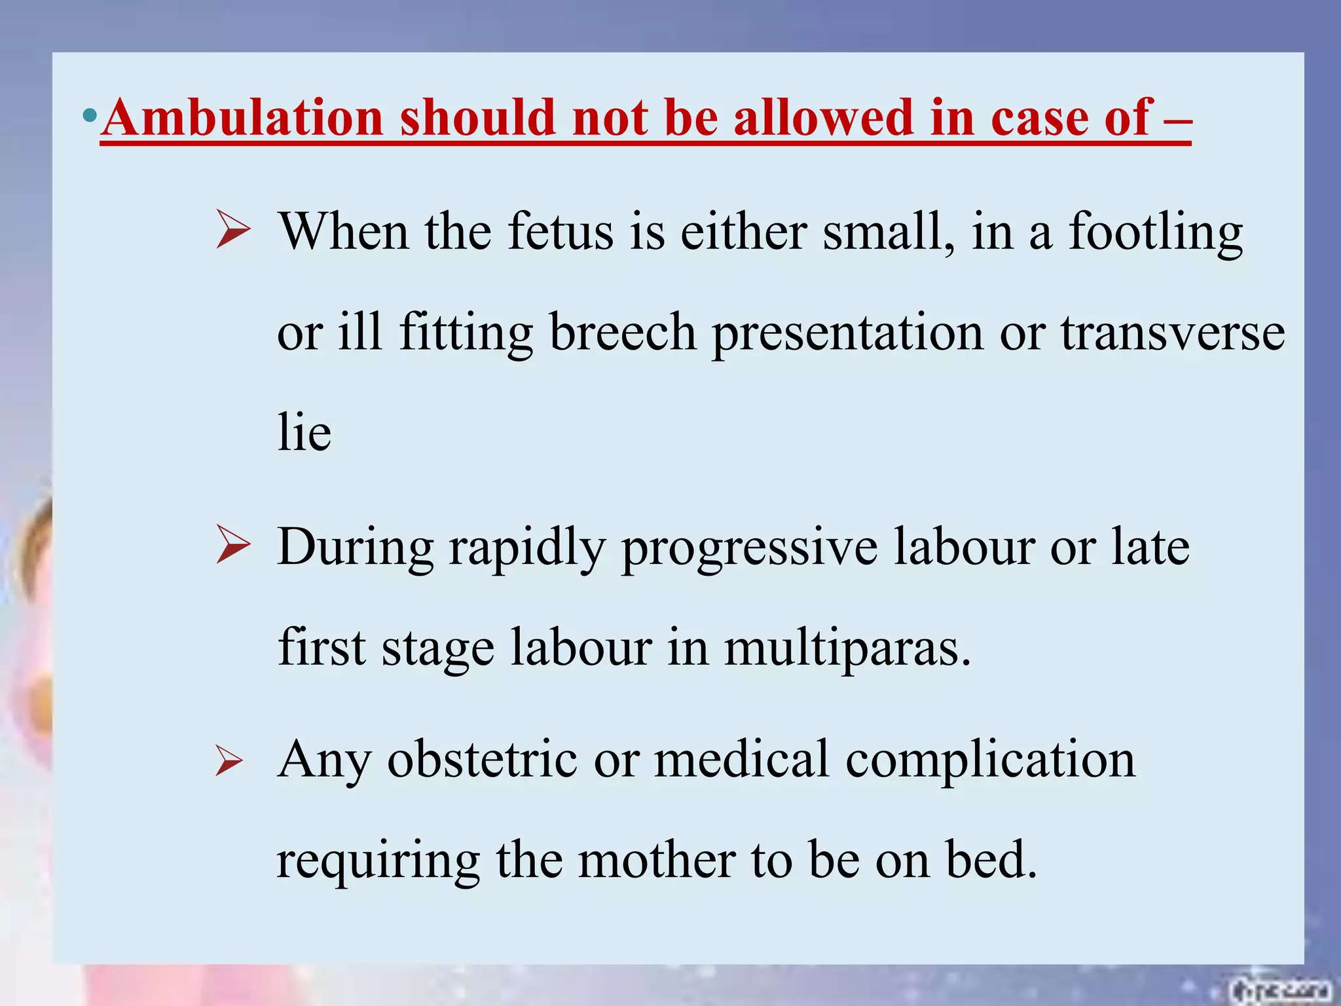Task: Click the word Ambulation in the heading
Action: pyautogui.click(x=242, y=118)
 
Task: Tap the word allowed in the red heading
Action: pyautogui.click(x=823, y=118)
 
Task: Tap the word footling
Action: pyautogui.click(x=1156, y=233)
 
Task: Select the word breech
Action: pyautogui.click(x=623, y=332)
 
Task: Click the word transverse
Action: pyautogui.click(x=1173, y=333)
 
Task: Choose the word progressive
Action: pyautogui.click(x=749, y=549)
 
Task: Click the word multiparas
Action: pyautogui.click(x=847, y=648)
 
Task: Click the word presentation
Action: pyautogui.click(x=848, y=333)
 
